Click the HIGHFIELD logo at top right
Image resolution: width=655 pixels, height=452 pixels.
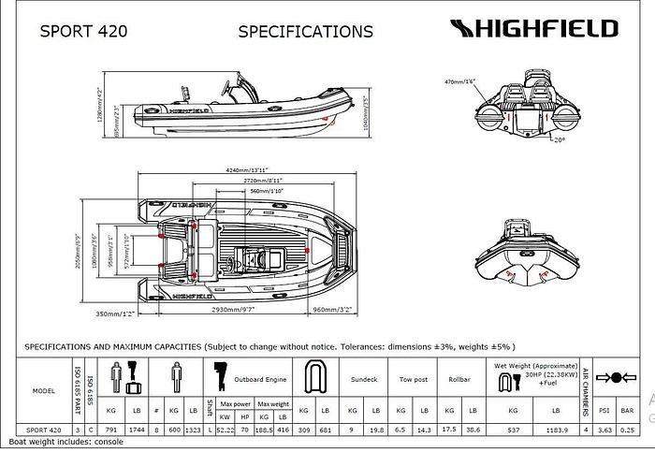pos(533,28)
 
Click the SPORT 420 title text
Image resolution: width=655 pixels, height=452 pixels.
pos(84,31)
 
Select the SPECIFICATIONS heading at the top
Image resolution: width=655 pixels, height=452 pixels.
pos(306,31)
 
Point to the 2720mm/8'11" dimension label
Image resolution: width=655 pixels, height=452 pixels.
pos(263,180)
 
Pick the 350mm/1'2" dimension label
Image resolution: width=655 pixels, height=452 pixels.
pos(116,313)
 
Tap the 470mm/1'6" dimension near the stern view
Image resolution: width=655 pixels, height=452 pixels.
pos(461,82)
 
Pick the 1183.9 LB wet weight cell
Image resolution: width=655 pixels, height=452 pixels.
pos(555,430)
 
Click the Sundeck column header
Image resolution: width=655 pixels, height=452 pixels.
pos(363,380)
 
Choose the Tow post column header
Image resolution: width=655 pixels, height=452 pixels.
pos(412,380)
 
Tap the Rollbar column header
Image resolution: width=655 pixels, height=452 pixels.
pos(459,380)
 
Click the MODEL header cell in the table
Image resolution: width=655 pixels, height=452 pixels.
pos(43,390)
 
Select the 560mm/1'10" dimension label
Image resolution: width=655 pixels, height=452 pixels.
pos(269,191)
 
